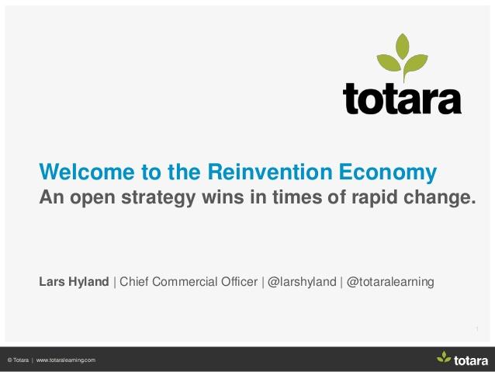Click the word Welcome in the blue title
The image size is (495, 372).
(x=87, y=172)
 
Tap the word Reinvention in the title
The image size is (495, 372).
(x=270, y=172)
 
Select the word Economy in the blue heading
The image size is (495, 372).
(x=388, y=173)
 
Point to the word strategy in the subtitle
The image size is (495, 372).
(x=158, y=198)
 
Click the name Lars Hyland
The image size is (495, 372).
(x=74, y=282)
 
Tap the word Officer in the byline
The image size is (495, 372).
(x=239, y=282)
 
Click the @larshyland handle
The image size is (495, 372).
(x=302, y=282)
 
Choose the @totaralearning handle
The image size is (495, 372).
(x=390, y=282)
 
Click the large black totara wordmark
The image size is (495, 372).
(x=402, y=99)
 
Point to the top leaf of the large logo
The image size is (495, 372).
(x=403, y=46)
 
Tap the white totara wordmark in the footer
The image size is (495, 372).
(x=471, y=360)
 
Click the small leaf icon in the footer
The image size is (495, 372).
(x=444, y=357)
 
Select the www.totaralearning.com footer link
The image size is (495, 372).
(x=66, y=360)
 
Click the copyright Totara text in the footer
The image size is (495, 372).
(x=18, y=360)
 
